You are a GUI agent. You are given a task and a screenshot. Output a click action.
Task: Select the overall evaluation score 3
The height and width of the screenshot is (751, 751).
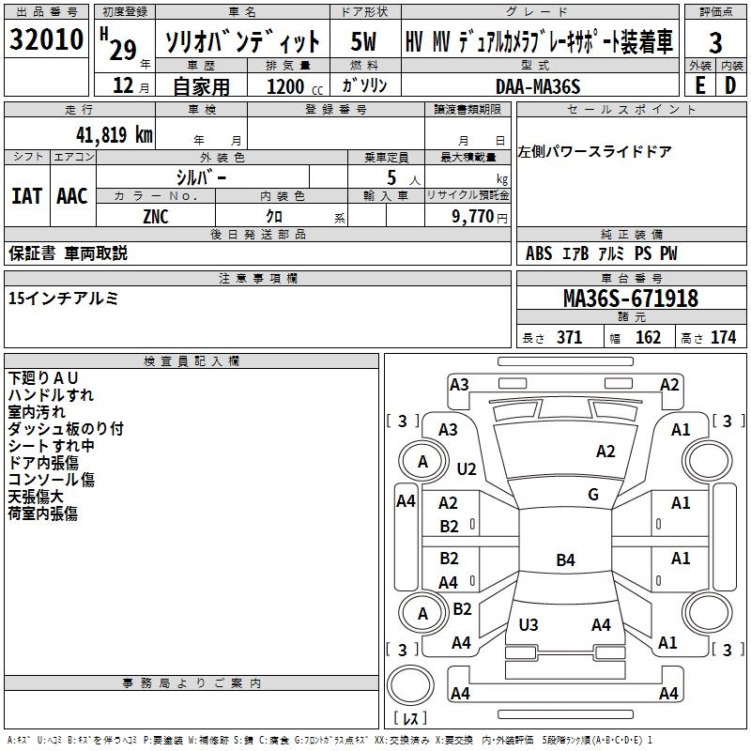715,42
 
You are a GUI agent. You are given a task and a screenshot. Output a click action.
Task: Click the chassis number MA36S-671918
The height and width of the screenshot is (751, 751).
630,299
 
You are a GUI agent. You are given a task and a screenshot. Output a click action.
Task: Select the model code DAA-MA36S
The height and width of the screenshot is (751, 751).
538,85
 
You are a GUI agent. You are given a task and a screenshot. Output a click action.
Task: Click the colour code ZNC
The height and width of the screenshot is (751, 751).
156,215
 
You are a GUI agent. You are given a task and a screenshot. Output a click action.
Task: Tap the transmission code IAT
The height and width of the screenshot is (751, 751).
26,195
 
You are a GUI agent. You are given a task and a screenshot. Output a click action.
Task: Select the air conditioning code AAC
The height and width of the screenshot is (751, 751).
72,195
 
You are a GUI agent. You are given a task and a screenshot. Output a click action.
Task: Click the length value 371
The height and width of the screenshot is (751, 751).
569,337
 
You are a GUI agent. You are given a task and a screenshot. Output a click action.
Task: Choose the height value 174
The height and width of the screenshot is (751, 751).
723,337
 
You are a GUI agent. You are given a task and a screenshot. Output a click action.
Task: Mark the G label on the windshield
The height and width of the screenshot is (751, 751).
592,495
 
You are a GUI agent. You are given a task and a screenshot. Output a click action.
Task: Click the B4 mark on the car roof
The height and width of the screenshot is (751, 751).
565,560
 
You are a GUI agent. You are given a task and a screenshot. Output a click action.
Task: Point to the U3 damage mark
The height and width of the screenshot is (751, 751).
529,624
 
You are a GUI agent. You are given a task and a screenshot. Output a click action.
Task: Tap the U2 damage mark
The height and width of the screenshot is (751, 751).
466,468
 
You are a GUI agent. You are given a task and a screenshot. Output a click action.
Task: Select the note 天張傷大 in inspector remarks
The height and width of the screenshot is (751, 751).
36,497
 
